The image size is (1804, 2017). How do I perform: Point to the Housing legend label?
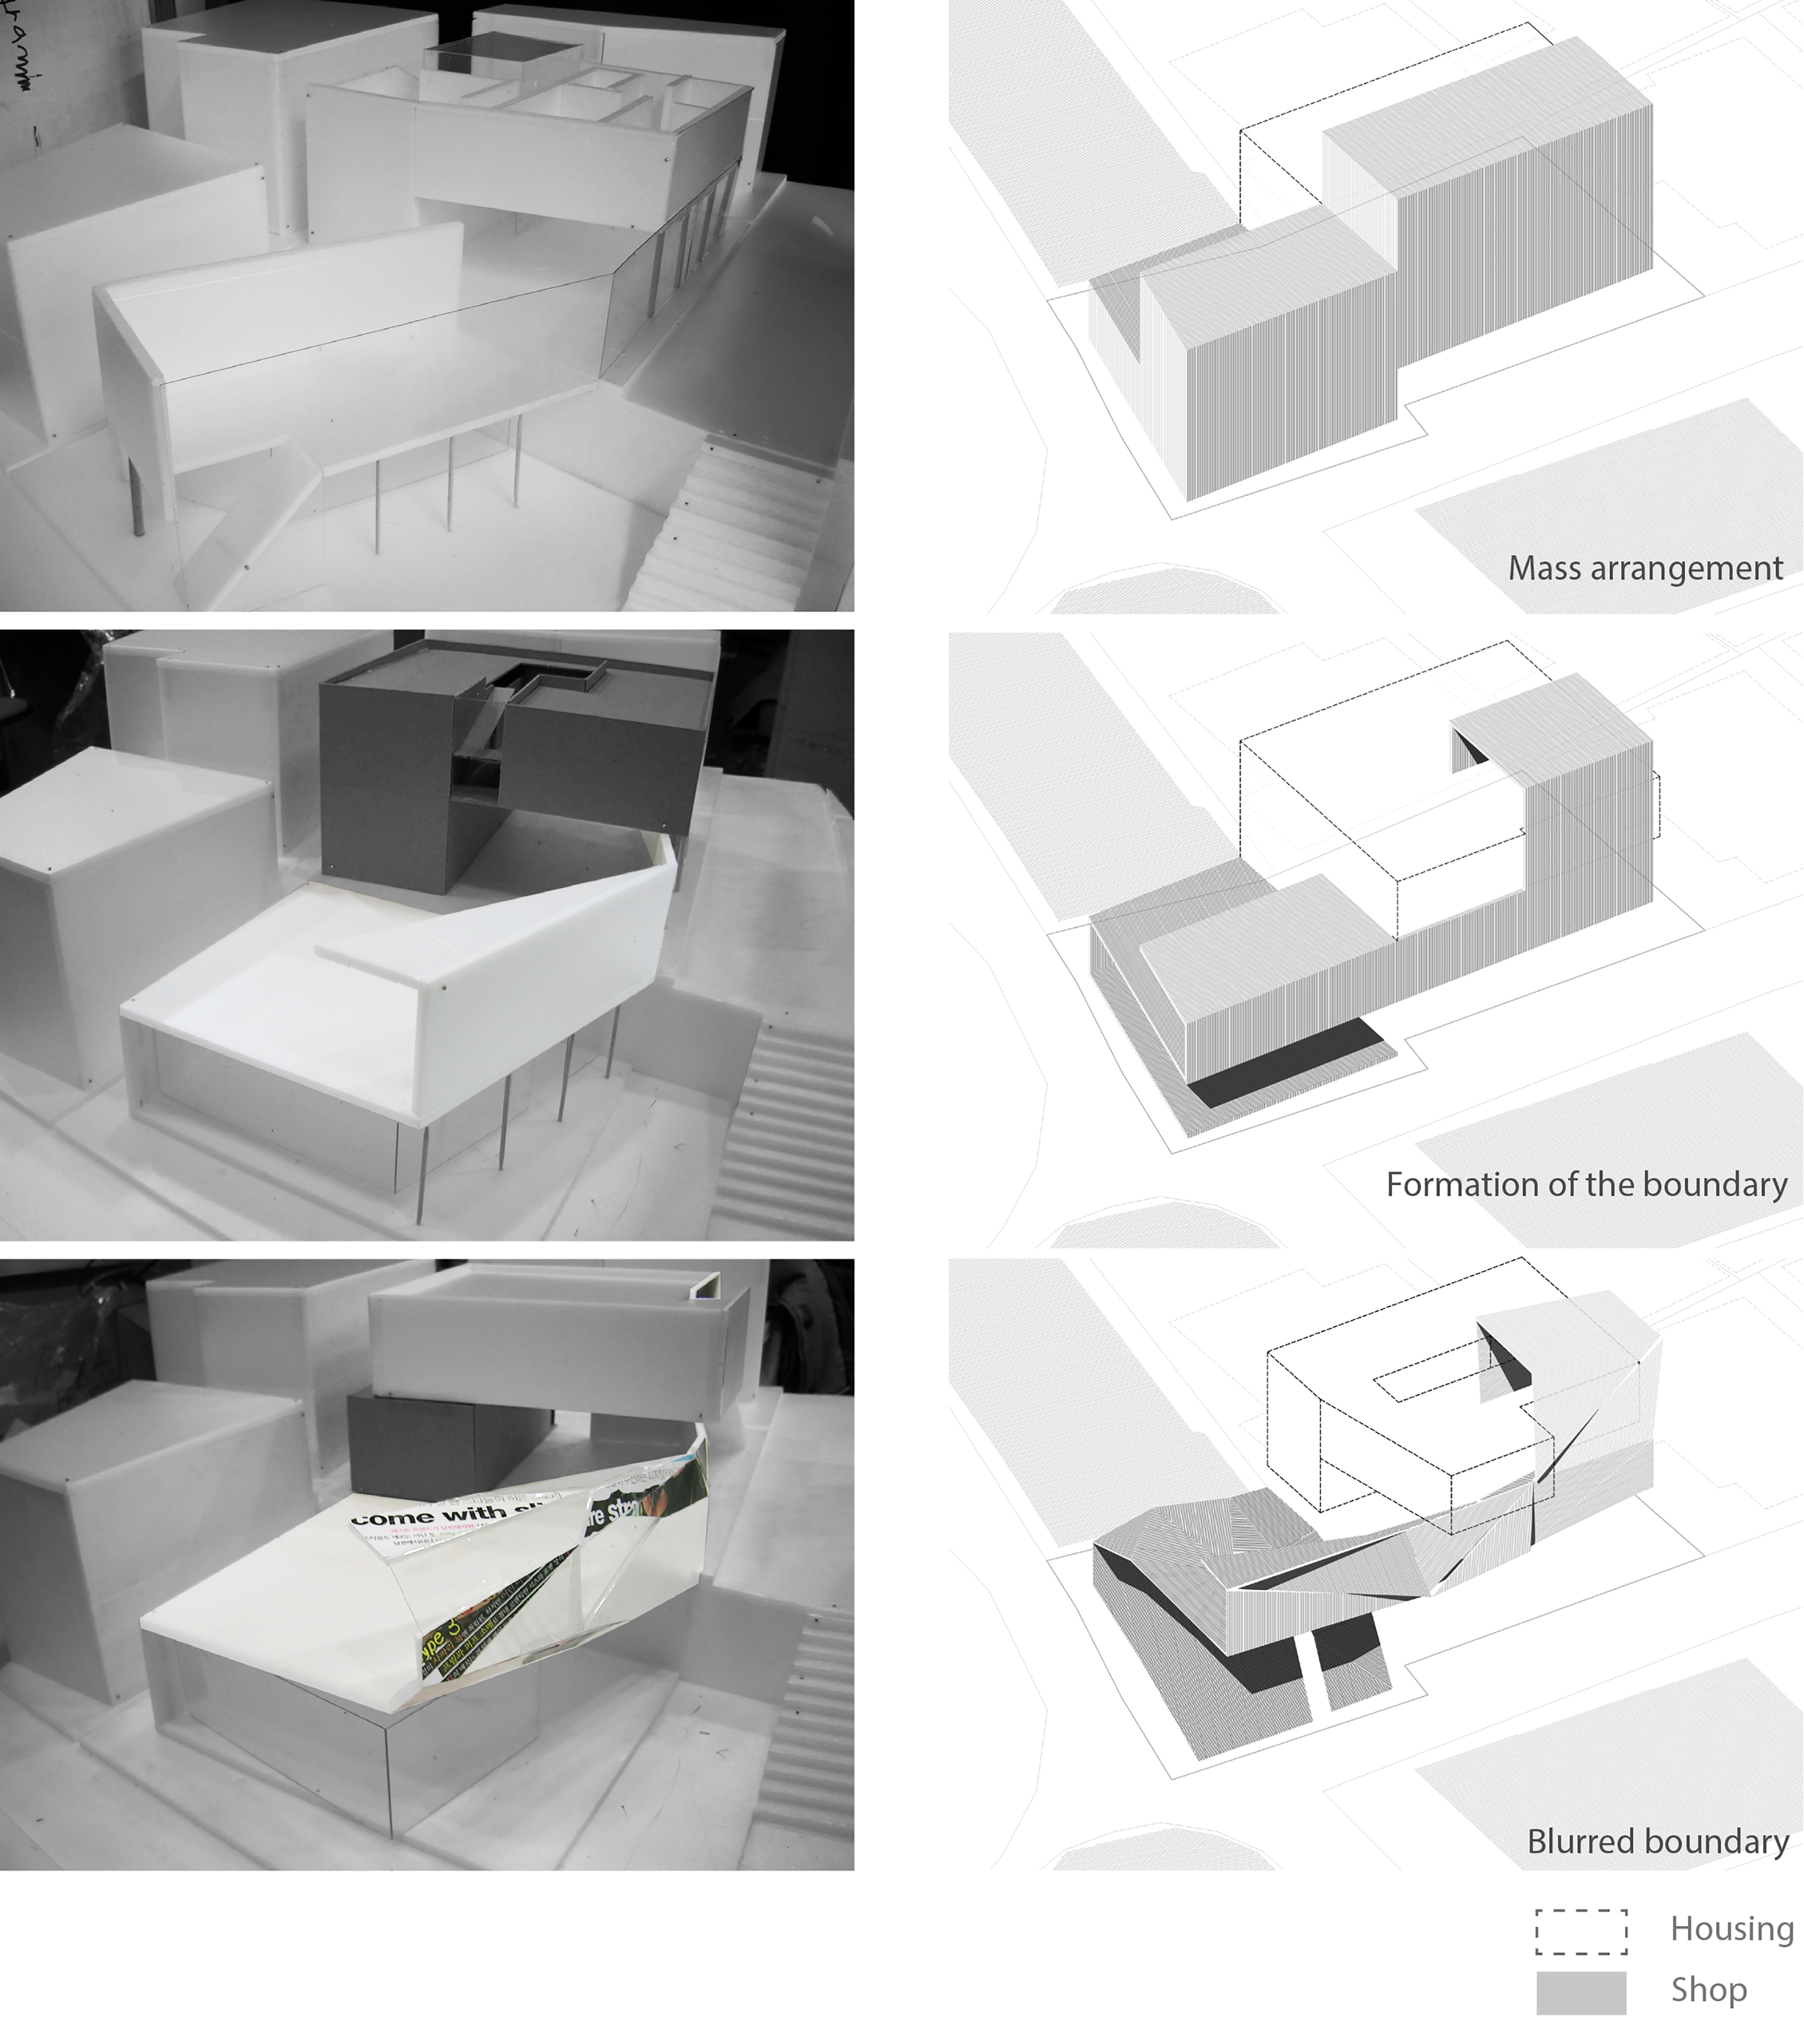coord(1732,1928)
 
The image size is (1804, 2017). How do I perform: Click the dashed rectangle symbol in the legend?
coord(1581,1931)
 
